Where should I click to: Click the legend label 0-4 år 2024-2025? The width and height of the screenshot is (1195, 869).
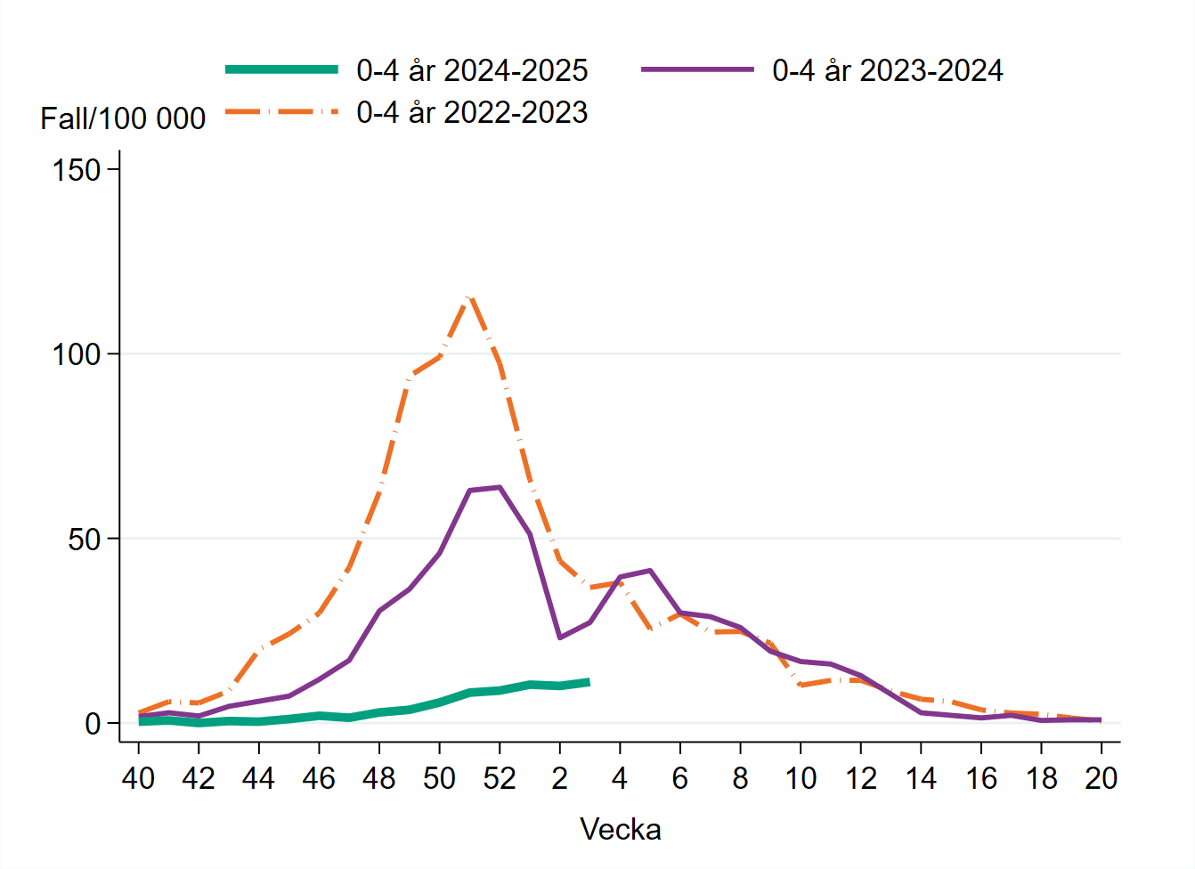click(472, 70)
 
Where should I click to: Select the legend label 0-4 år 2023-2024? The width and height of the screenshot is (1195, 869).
click(887, 70)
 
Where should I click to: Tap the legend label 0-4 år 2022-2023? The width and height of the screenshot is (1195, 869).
click(472, 112)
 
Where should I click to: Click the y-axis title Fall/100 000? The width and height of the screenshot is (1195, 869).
click(123, 118)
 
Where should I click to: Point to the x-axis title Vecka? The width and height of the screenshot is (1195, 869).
click(621, 830)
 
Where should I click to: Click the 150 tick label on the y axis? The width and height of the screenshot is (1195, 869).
click(77, 170)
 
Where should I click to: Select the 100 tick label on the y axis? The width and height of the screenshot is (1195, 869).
click(77, 354)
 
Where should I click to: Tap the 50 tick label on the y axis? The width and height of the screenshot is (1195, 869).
click(85, 540)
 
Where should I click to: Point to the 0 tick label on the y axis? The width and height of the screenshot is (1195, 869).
click(93, 724)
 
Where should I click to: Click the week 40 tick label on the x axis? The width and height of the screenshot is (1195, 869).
click(138, 779)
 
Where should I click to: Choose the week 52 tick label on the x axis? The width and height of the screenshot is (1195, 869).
click(500, 779)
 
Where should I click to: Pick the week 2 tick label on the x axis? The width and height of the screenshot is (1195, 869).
click(560, 779)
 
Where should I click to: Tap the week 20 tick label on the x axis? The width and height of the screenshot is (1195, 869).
click(1102, 779)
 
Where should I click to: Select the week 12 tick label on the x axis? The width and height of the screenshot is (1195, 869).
click(861, 779)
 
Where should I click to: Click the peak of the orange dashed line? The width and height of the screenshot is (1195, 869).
click(469, 296)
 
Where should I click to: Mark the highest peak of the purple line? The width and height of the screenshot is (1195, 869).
click(500, 487)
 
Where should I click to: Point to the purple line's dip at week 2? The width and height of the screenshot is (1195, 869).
click(560, 638)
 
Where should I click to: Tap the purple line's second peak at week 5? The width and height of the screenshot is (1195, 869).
click(650, 571)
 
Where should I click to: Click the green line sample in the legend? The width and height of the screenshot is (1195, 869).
click(281, 69)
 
